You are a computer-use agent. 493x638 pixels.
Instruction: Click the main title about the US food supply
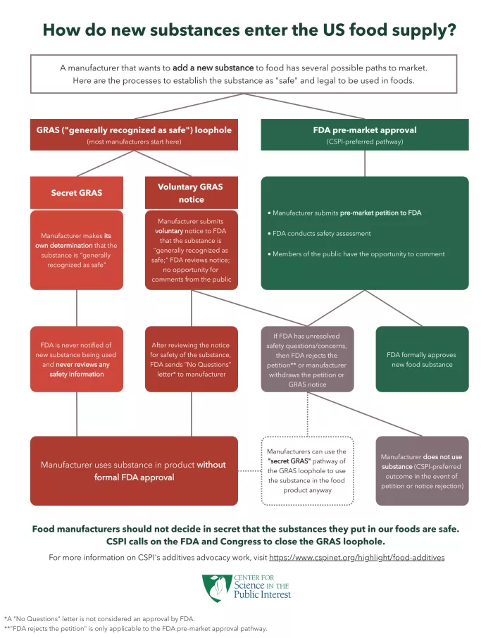pyautogui.click(x=249, y=30)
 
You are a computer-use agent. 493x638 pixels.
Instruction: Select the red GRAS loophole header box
pyautogui.click(x=134, y=135)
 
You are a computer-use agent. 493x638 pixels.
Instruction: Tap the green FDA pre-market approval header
pyautogui.click(x=364, y=135)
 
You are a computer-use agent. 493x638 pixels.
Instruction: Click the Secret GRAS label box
pyautogui.click(x=76, y=192)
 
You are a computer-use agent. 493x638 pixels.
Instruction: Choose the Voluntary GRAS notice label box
pyautogui.click(x=190, y=192)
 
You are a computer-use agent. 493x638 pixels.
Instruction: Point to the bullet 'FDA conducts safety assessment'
pyautogui.click(x=321, y=233)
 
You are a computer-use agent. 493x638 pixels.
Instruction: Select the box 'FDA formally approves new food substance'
pyautogui.click(x=423, y=359)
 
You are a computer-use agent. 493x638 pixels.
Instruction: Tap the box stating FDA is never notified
pyautogui.click(x=76, y=359)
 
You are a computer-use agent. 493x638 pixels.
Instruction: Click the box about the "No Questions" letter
pyautogui.click(x=190, y=359)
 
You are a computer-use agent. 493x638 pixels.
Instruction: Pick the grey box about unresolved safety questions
pyautogui.click(x=307, y=359)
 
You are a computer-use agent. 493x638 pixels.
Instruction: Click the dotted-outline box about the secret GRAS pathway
pyautogui.click(x=307, y=470)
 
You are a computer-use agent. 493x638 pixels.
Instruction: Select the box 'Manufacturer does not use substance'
pyautogui.click(x=423, y=470)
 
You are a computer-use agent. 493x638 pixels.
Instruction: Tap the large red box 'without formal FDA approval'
pyautogui.click(x=134, y=470)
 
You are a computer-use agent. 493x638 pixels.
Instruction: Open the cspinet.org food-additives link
pyautogui.click(x=356, y=557)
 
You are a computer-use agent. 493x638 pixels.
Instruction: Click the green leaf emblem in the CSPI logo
pyautogui.click(x=214, y=587)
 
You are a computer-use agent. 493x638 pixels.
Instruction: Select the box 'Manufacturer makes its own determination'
pyautogui.click(x=76, y=250)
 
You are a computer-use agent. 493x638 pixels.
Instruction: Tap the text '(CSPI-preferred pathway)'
pyautogui.click(x=364, y=142)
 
